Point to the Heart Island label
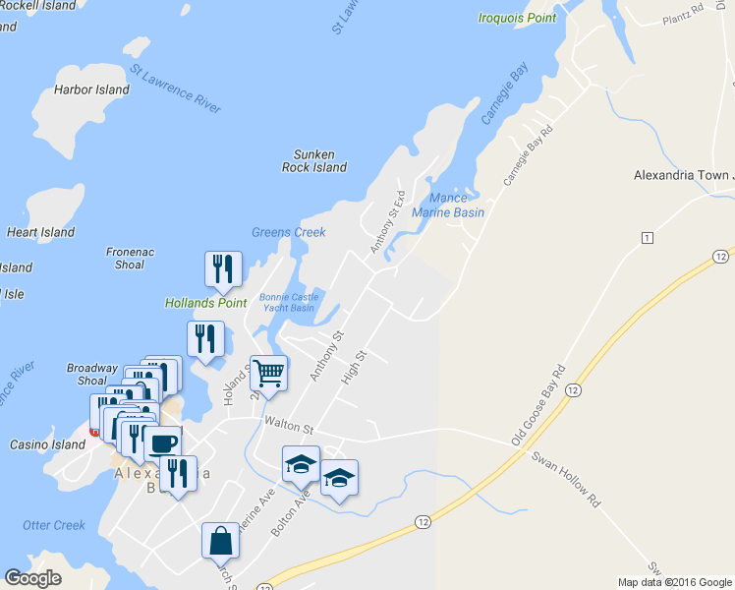40,233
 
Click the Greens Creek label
288,233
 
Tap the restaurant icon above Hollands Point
223,268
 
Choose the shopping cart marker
268,373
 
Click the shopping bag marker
220,540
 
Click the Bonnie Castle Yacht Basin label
287,302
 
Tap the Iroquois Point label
518,18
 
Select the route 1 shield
647,238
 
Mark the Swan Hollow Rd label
565,479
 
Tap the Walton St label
287,428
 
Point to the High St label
352,369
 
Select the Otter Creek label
54,525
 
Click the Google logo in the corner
33,578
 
